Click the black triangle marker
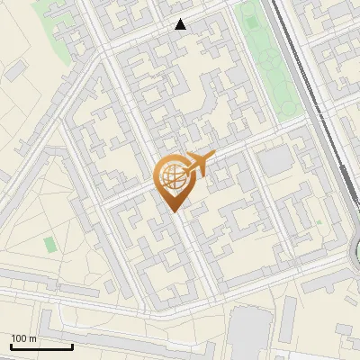click(181, 24)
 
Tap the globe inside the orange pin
click(171, 175)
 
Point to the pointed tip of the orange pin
click(174, 210)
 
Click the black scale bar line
click(41, 346)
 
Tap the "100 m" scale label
click(24, 338)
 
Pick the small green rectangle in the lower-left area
click(49, 244)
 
